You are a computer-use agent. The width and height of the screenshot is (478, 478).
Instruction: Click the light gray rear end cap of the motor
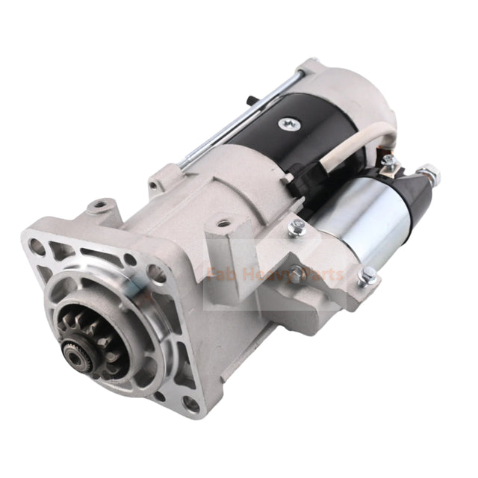[x=351, y=90]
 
